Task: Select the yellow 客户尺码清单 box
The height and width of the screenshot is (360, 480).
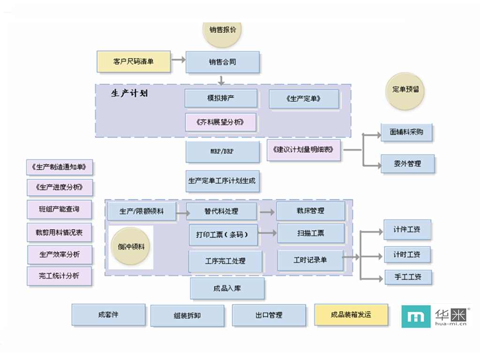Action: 134,61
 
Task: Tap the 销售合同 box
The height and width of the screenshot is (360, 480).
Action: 223,62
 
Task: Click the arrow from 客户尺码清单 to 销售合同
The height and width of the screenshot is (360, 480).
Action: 178,60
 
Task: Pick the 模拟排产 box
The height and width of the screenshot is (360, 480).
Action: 221,98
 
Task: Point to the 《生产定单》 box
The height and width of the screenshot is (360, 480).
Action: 304,99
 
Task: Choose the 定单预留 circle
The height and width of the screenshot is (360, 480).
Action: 405,90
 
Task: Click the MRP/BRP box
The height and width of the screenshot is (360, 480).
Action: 222,152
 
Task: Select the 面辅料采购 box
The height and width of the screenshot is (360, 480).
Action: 406,133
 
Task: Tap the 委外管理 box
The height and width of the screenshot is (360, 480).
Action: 407,164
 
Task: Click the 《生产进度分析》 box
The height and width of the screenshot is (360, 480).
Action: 60,187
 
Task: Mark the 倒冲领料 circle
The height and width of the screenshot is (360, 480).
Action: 131,247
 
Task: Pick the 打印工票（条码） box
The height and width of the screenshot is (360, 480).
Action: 224,234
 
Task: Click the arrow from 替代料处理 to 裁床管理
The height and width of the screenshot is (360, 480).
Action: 267,212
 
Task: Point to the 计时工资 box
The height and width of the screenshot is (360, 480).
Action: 407,255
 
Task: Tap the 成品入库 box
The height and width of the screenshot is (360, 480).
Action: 227,288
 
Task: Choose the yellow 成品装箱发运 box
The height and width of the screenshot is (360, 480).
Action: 351,315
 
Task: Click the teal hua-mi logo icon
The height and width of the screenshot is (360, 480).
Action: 415,317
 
